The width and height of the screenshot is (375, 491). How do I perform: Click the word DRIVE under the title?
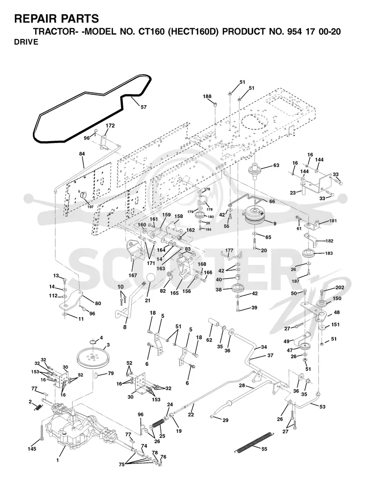(26, 42)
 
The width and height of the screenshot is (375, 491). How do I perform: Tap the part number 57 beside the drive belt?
(143, 107)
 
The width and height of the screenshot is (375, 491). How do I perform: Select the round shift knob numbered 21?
(150, 279)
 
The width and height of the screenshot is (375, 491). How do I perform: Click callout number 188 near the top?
(207, 97)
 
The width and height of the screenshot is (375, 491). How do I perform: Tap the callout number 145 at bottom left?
(31, 449)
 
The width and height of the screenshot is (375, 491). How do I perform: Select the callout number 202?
(340, 287)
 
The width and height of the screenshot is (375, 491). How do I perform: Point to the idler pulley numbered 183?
(308, 253)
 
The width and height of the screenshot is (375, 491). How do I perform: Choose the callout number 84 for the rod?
(82, 154)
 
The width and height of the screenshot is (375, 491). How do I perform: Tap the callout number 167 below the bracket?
(133, 275)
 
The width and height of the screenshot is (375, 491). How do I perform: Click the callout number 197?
(90, 207)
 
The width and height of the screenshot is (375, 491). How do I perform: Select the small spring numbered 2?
(37, 407)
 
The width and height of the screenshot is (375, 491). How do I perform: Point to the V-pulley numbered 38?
(238, 287)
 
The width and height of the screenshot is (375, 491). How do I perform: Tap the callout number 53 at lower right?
(322, 407)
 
